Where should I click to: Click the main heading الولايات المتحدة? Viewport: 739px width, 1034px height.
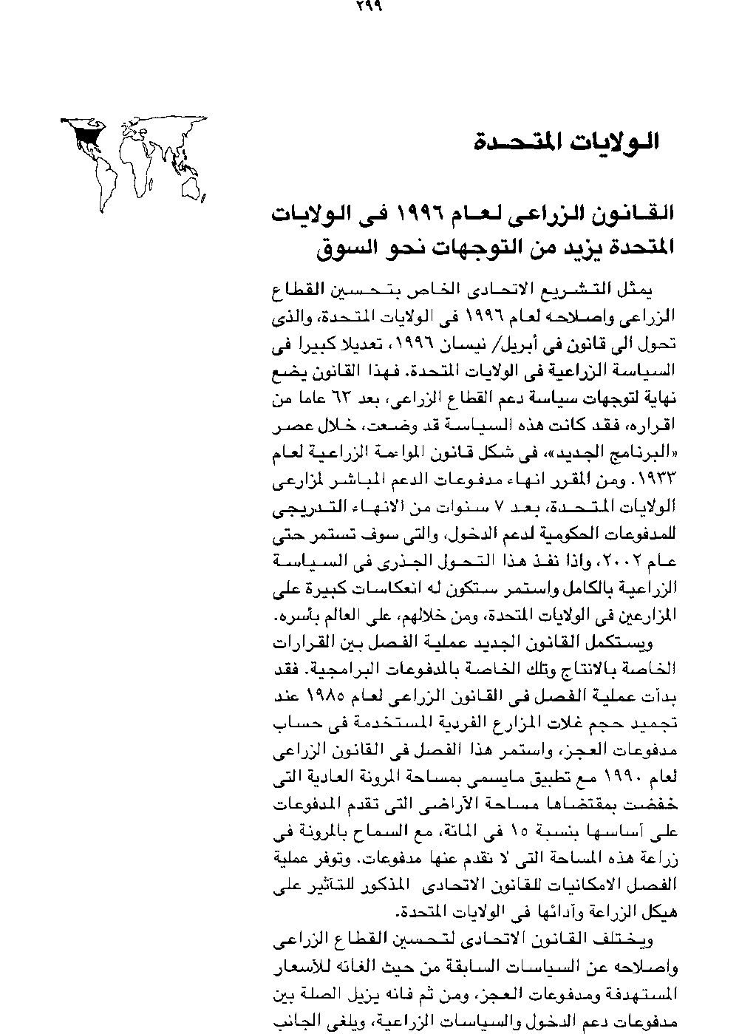pos(568,141)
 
